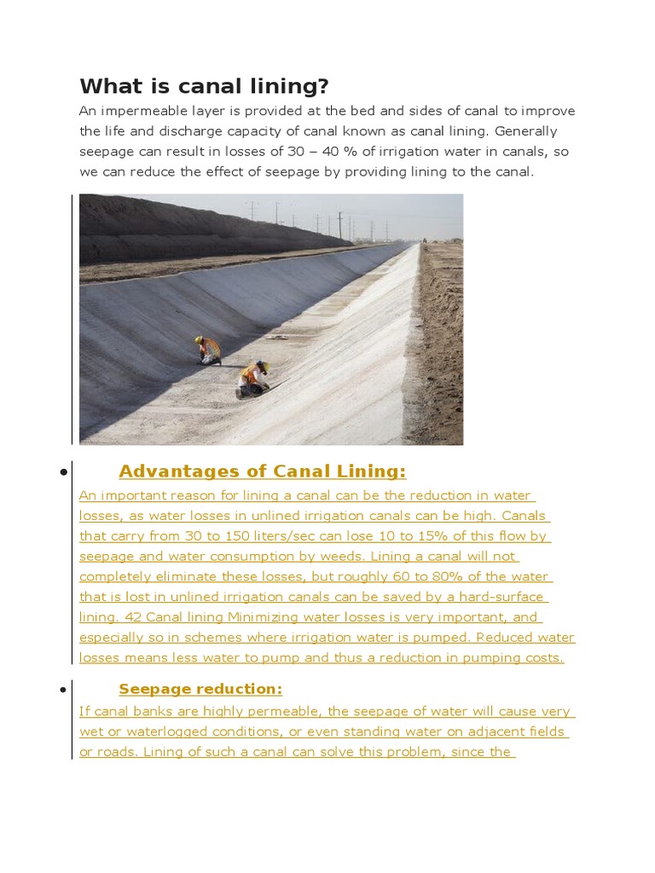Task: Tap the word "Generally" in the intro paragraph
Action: pyautogui.click(x=524, y=131)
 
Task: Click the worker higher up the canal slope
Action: pyautogui.click(x=207, y=349)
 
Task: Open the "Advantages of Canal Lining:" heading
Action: pyautogui.click(x=262, y=471)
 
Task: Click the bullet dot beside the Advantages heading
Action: pyautogui.click(x=63, y=472)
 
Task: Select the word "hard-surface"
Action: pyautogui.click(x=501, y=596)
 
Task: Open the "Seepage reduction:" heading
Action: pyautogui.click(x=200, y=689)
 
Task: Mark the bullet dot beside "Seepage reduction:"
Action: pyautogui.click(x=63, y=690)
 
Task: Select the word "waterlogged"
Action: pyautogui.click(x=171, y=731)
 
